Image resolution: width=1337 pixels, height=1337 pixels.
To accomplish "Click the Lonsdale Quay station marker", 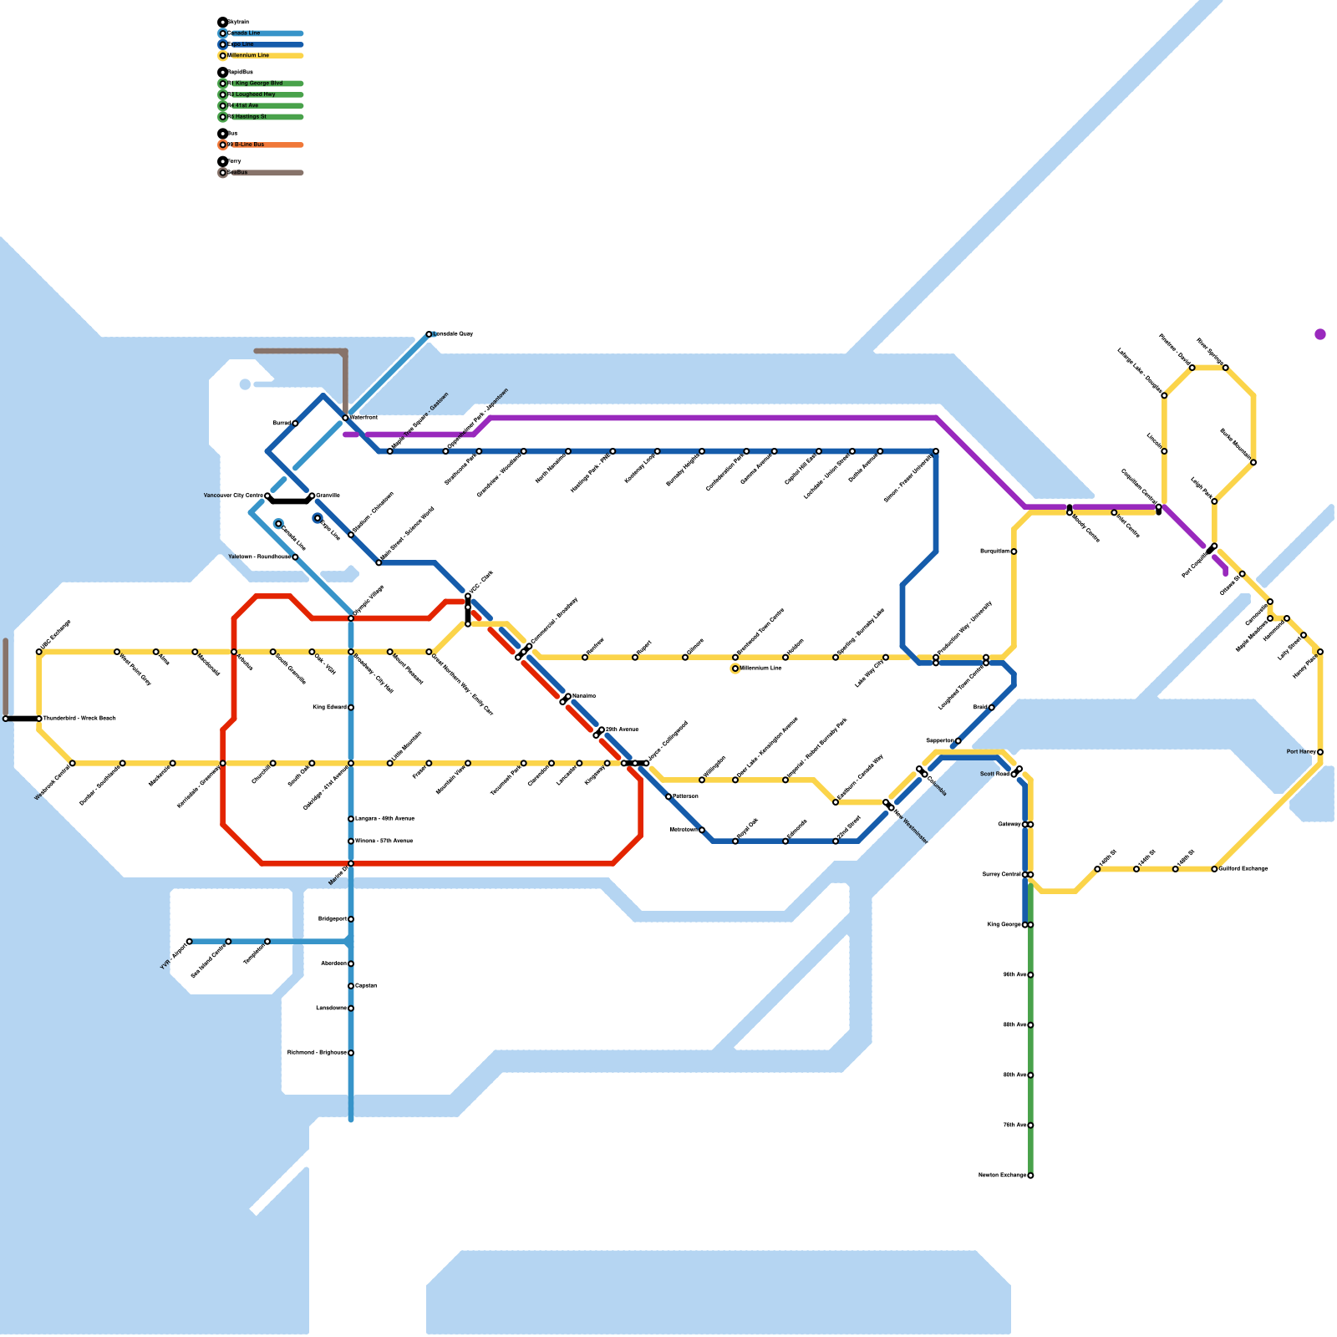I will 429,334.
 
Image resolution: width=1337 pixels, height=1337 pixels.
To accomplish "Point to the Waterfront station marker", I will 345,417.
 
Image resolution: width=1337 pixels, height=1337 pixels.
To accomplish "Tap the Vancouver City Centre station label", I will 233,496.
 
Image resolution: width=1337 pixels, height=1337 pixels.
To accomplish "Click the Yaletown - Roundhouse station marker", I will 295,557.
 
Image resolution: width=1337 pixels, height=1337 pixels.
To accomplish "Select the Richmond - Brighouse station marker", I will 351,1053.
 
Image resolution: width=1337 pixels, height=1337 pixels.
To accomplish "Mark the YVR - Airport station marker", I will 190,942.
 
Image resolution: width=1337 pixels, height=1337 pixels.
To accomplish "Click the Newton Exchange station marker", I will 1030,1176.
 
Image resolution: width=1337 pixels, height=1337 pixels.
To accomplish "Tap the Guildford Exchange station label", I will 1243,869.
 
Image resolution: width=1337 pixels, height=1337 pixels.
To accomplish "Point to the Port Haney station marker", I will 1320,752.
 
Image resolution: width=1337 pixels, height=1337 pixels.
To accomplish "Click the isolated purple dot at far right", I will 1320,334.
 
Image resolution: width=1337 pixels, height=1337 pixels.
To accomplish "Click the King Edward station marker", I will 351,708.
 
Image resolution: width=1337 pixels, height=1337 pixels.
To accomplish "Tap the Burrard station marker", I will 295,424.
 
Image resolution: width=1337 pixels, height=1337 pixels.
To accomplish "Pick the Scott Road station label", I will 994,775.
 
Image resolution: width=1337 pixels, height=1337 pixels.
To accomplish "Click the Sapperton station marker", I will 958,741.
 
